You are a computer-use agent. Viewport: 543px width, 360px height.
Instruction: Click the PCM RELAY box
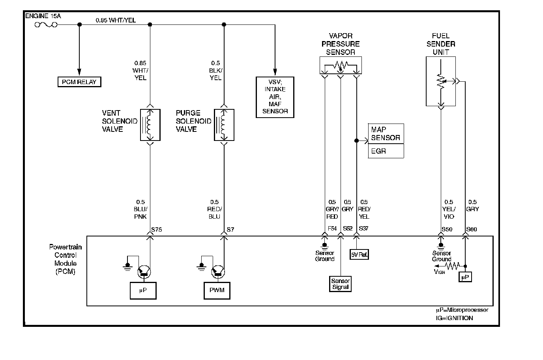click(79, 82)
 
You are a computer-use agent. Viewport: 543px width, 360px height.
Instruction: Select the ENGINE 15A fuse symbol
click(46, 24)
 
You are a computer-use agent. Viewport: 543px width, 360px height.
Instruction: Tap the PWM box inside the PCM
click(217, 291)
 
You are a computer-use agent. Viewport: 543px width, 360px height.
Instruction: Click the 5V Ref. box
click(359, 255)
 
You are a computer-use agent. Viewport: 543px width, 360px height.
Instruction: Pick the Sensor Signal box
click(340, 284)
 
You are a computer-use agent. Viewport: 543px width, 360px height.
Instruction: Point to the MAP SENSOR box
click(386, 133)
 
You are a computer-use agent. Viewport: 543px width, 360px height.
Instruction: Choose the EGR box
click(386, 151)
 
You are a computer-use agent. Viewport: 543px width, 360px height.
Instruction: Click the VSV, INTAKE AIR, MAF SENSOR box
click(275, 97)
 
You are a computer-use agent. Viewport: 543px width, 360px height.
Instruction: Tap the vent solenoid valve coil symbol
click(150, 125)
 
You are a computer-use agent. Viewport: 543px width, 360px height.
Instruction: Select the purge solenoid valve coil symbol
click(224, 125)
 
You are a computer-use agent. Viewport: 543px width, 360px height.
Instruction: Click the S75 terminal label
click(157, 229)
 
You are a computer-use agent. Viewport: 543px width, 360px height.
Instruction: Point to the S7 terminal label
click(230, 229)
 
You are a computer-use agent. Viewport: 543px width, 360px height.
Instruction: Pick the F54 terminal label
click(332, 229)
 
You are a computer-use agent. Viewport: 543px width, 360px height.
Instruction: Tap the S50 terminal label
click(447, 229)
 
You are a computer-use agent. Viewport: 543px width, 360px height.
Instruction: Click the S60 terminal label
click(472, 229)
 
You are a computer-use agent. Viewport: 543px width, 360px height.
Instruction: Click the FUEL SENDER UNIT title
click(441, 44)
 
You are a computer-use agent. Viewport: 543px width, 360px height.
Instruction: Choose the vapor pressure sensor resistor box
click(341, 66)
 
